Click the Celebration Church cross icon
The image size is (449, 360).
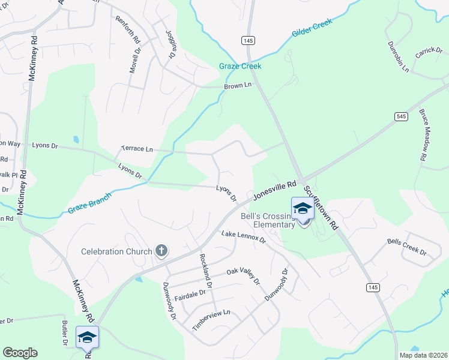(161, 251)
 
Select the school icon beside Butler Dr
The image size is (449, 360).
(87, 337)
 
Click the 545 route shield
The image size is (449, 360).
(401, 115)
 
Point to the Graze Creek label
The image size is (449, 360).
(240, 66)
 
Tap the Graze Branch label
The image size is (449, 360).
(89, 202)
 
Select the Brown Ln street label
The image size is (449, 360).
(237, 86)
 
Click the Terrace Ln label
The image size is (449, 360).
(137, 148)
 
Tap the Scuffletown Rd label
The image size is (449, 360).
(321, 208)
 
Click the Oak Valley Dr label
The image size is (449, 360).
(243, 277)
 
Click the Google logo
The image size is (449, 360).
(20, 353)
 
